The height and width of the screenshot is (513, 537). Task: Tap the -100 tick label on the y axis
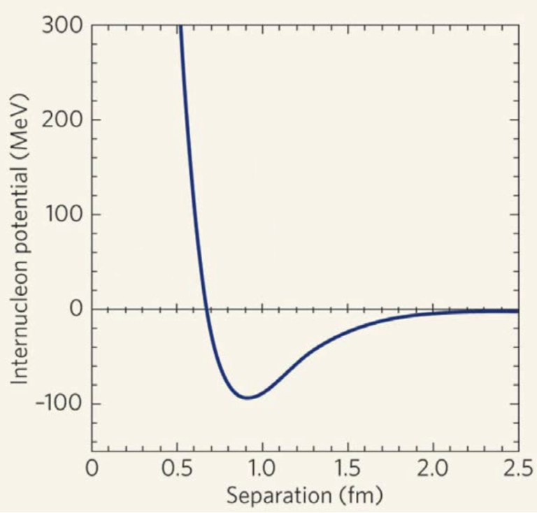pos(59,405)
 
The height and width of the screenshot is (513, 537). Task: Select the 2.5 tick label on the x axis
pos(518,468)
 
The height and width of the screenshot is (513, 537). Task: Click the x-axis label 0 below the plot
pos(92,468)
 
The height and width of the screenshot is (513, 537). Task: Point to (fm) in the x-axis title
pos(360,496)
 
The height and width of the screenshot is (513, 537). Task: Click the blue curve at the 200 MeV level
pos(187,120)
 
